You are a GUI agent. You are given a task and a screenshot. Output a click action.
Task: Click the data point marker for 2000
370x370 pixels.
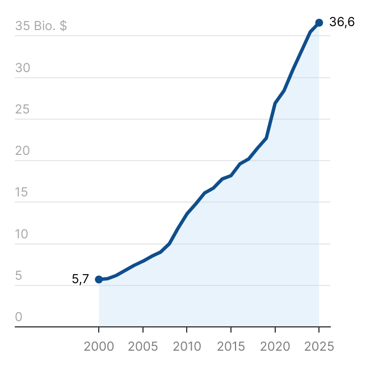[99, 279]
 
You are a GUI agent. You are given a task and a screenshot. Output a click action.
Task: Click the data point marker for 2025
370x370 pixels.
[319, 23]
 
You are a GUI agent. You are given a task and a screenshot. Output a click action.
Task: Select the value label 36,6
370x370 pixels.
[342, 22]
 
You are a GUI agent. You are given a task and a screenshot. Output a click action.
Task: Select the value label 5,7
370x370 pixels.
[80, 279]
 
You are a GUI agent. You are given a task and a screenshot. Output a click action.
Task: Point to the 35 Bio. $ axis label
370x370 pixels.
[41, 26]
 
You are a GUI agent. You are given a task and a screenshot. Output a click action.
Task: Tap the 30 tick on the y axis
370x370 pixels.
[22, 68]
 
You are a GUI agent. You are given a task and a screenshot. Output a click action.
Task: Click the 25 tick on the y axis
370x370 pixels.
[22, 110]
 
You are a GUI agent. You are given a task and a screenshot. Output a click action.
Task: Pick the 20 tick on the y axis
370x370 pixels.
[22, 151]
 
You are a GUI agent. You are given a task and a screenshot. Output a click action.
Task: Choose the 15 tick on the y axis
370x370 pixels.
[22, 192]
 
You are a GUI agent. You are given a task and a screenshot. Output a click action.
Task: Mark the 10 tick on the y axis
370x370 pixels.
[22, 234]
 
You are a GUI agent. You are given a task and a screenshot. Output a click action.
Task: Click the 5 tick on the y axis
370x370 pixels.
[19, 276]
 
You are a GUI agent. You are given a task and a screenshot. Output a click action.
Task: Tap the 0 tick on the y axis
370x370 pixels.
[19, 317]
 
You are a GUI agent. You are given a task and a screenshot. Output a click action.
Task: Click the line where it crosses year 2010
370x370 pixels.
[187, 213]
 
